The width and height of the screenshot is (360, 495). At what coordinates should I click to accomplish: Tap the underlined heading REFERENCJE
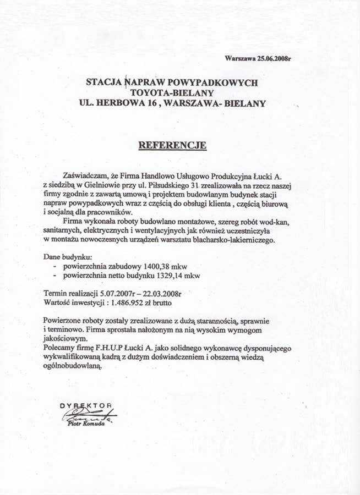tap(172, 145)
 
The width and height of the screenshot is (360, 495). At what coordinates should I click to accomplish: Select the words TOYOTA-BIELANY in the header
tap(172, 92)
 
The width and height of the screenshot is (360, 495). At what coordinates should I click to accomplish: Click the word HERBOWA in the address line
tap(126, 103)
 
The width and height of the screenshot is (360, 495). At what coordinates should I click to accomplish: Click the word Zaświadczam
tap(85, 175)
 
